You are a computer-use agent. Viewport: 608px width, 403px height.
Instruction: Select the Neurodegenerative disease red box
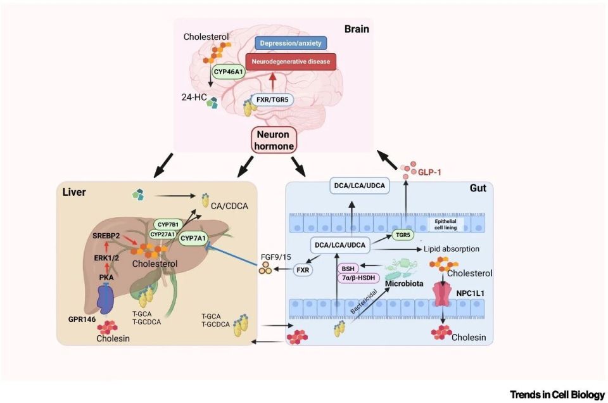tap(290, 62)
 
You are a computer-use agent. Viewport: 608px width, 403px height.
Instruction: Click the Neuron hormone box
tap(275, 140)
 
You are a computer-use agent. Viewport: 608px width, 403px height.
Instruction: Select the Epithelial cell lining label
tap(448, 226)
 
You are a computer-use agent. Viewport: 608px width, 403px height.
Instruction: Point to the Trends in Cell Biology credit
tap(557, 395)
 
